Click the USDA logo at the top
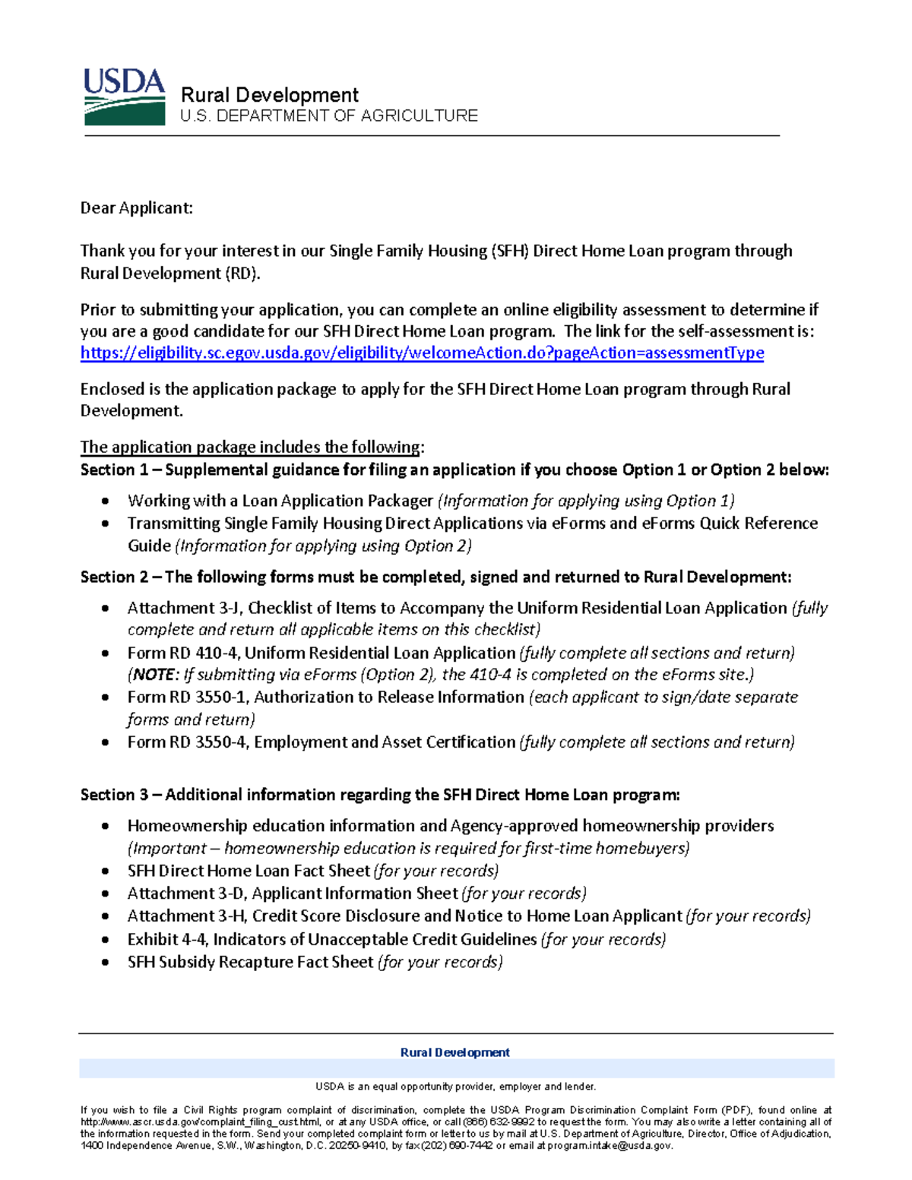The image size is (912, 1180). coord(124,96)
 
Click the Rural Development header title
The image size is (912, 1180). coord(269,95)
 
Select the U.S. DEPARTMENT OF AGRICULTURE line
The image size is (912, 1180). coord(328,115)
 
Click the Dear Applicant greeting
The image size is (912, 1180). coord(137,208)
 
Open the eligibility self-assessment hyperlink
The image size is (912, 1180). coord(422,353)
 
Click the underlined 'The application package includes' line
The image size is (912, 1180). coord(252,447)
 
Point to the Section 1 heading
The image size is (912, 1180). coord(454,470)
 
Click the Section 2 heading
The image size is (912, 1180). coord(435,577)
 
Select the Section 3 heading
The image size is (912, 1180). coord(380,795)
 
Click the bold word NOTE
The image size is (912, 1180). coord(155,675)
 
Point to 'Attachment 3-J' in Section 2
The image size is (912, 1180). coord(185,608)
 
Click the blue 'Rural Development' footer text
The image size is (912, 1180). coord(454,1052)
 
